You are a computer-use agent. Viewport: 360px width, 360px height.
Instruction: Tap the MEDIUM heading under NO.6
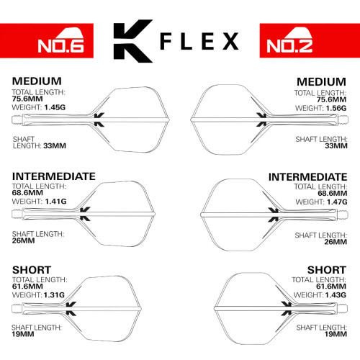pyautogui.click(x=37, y=81)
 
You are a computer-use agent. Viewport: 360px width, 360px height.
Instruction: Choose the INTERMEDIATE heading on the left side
pyautogui.click(x=54, y=176)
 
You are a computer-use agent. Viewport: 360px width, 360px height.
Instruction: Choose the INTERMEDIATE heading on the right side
pyautogui.click(x=306, y=176)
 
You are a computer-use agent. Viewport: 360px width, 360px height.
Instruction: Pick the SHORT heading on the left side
pyautogui.click(x=31, y=270)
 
